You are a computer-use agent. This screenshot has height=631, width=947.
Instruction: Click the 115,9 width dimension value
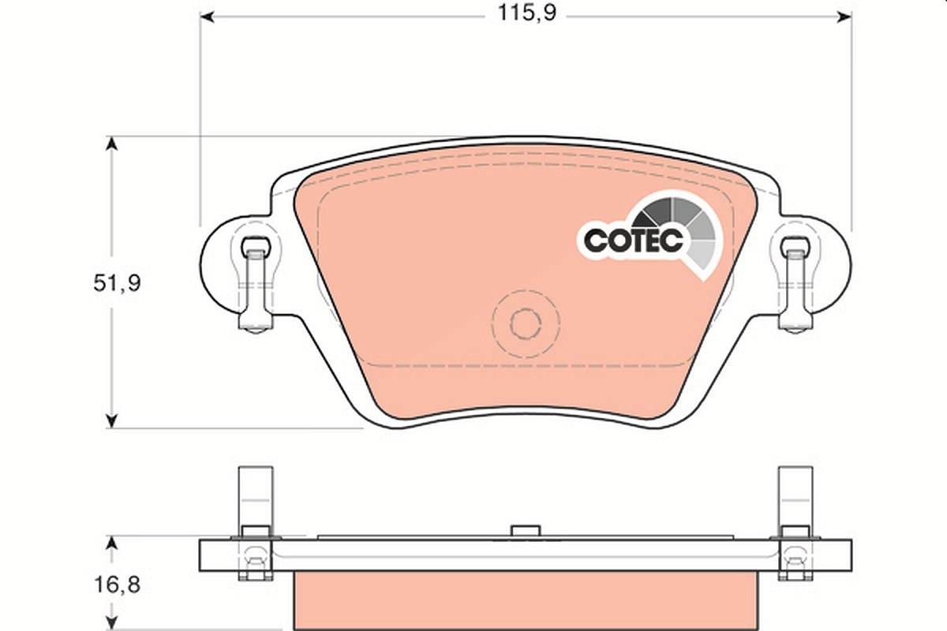tap(527, 13)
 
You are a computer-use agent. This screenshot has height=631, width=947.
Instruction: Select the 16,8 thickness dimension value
tap(117, 585)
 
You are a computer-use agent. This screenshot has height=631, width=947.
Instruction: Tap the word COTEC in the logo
tap(633, 241)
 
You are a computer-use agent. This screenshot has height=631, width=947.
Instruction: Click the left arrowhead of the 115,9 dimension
tap(206, 17)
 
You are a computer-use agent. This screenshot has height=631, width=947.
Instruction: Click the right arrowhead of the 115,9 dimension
tap(844, 17)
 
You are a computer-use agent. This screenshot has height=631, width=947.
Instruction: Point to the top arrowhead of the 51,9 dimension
tap(111, 144)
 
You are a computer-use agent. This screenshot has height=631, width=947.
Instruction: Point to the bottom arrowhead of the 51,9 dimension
tap(111, 421)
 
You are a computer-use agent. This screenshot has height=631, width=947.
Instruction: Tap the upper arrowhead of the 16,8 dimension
tap(111, 543)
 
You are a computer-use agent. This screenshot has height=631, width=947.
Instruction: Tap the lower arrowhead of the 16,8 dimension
tap(111, 622)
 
